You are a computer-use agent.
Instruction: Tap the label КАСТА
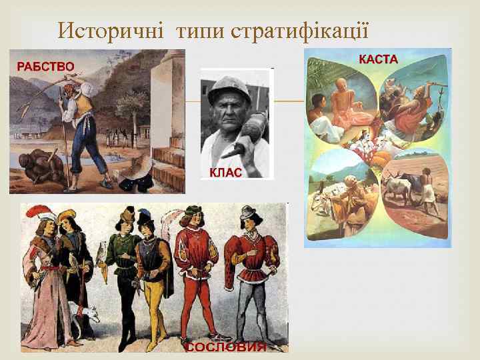(x=378, y=59)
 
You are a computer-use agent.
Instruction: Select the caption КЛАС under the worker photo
(x=225, y=171)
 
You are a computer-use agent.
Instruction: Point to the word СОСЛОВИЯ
(x=225, y=347)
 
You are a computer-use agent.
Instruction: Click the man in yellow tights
(x=153, y=273)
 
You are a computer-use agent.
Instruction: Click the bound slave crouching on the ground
(x=40, y=164)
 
